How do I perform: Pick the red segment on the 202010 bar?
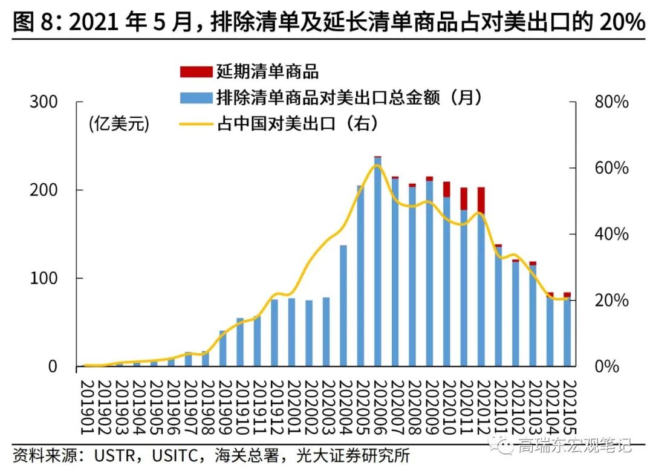pos(447,189)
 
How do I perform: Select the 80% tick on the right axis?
pos(611,102)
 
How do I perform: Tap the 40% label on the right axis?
pos(611,235)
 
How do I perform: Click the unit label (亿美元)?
pos(119,125)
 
